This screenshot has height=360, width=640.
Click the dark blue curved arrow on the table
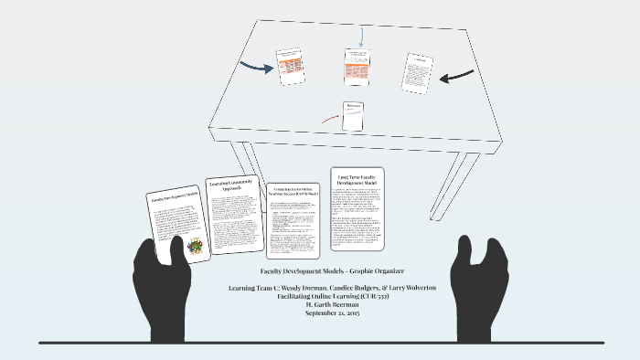click(256, 65)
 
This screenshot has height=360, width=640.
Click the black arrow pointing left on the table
click(456, 77)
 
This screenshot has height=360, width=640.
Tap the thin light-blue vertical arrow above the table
click(361, 37)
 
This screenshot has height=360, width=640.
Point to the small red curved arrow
click(329, 119)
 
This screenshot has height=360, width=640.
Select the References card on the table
click(353, 115)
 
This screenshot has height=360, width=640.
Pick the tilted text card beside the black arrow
click(417, 73)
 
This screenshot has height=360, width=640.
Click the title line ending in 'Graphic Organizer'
click(320, 273)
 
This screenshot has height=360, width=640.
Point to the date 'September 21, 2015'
click(320, 312)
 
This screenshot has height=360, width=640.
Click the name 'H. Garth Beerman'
click(320, 304)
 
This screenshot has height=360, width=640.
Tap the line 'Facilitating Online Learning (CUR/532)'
click(320, 296)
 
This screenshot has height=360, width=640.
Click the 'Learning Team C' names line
click(320, 288)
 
